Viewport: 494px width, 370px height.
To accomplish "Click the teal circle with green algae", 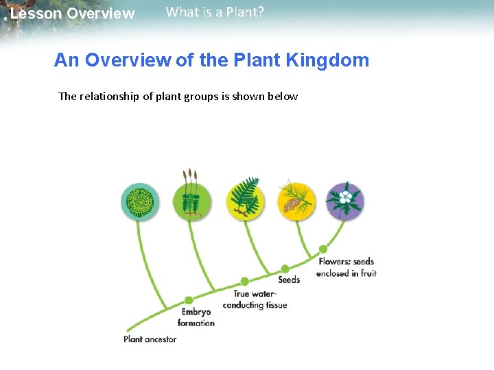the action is pos(140,201).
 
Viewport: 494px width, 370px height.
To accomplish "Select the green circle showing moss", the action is pos(192,201).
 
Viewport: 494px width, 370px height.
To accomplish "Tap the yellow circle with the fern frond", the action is pos(245,200).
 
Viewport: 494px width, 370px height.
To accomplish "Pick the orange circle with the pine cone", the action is pos(296,200).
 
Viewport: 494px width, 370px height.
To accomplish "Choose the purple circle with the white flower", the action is pos(345,201).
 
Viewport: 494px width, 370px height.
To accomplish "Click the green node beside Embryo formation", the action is pos(189,300).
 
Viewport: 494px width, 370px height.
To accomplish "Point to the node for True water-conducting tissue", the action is pos(244,281).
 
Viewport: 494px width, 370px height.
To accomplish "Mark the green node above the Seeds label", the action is pos(285,269).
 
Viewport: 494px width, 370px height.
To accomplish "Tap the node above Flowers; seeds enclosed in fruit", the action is pos(322,249).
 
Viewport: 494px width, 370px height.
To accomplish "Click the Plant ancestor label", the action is pos(150,338).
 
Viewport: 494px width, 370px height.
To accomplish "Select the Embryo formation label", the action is pos(196,317).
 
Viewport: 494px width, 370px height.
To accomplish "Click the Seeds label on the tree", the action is pos(289,280).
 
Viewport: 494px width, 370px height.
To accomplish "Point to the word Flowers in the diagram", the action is pos(334,261).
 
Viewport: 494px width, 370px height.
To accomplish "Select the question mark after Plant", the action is pos(261,12).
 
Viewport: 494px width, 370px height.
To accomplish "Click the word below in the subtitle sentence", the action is pos(283,96).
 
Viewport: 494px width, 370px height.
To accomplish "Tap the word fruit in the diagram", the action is pos(368,273).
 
